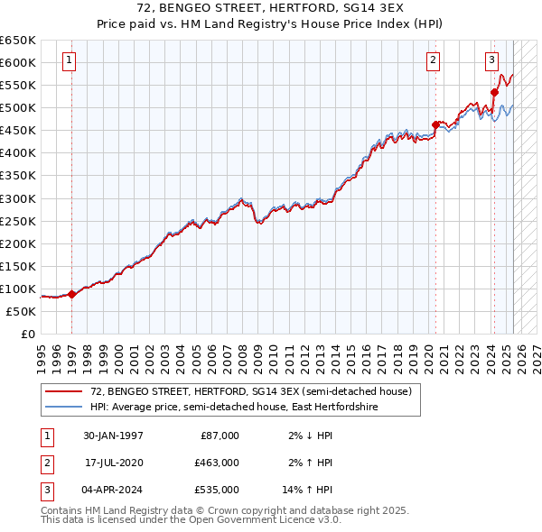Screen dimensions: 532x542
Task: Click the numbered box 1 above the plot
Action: [69, 61]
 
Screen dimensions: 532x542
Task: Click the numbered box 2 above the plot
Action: [433, 61]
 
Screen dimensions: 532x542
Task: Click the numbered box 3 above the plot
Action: [491, 61]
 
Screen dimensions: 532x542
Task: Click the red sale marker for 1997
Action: [72, 294]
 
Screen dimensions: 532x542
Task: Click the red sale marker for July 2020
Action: [435, 124]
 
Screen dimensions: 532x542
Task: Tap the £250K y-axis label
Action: [18, 221]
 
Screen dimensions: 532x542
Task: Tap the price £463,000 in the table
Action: [218, 463]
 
